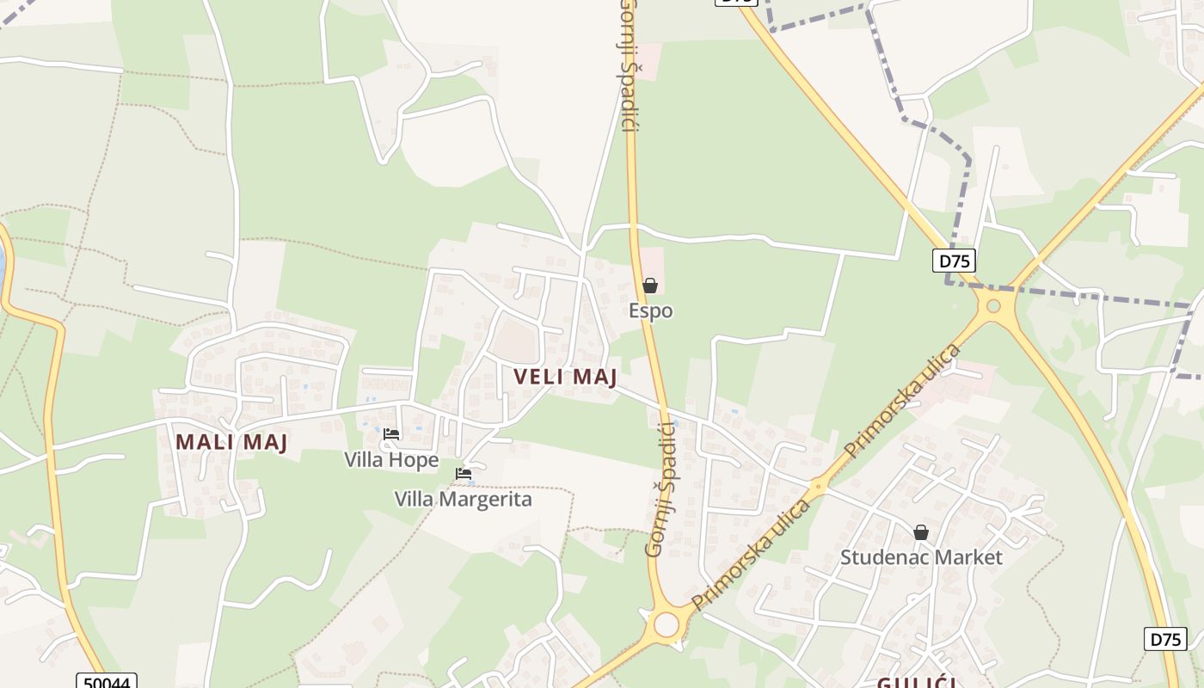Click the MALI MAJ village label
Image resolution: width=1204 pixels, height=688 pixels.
click(231, 442)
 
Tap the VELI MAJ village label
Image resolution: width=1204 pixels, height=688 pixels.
click(565, 377)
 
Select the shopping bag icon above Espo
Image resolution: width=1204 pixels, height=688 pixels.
click(650, 286)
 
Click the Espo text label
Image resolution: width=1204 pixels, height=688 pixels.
click(650, 310)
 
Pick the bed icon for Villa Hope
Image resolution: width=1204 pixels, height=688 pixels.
click(391, 434)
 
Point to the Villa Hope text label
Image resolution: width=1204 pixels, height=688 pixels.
click(391, 460)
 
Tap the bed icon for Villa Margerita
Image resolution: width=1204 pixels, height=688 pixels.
click(464, 473)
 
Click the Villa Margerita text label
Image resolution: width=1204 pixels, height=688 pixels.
click(463, 499)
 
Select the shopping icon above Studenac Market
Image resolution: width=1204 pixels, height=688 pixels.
click(921, 532)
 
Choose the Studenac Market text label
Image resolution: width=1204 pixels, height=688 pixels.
click(921, 557)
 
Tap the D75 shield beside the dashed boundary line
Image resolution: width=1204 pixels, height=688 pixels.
click(954, 261)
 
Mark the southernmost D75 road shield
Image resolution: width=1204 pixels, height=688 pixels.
click(1165, 639)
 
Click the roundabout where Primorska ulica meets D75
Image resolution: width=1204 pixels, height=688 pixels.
click(993, 305)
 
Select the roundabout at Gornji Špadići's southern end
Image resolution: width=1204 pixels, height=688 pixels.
click(666, 624)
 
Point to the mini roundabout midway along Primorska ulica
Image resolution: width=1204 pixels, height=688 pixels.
click(818, 487)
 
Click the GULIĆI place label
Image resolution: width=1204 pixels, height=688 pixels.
click(915, 683)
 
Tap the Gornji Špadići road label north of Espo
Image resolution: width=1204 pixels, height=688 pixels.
click(629, 64)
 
